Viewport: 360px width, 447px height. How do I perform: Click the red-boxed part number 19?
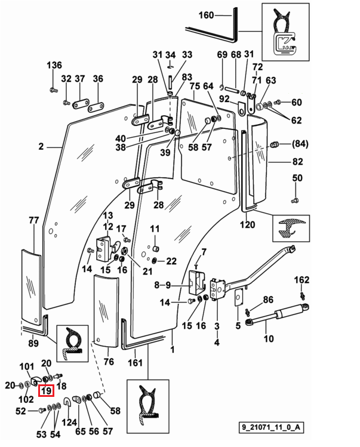(46, 390)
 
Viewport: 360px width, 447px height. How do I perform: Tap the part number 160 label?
(206, 15)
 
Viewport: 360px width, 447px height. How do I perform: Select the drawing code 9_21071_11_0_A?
(270, 427)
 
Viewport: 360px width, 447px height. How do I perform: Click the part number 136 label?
(54, 65)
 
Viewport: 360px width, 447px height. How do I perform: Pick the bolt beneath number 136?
(53, 90)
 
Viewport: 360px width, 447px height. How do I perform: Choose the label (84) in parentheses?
(300, 144)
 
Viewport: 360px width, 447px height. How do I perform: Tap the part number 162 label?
(301, 280)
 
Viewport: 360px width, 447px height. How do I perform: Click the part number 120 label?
(247, 224)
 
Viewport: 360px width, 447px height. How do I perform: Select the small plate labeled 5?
(238, 298)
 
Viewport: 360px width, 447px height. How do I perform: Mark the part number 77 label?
(33, 220)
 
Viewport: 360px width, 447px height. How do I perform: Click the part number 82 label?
(297, 162)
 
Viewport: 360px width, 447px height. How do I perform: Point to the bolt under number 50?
(295, 201)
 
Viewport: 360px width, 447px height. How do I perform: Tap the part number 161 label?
(135, 362)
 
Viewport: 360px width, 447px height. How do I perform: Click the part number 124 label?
(69, 422)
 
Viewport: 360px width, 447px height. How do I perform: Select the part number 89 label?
(33, 343)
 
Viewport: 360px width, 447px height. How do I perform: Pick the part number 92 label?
(224, 98)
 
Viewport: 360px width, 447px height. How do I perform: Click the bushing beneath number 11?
(155, 249)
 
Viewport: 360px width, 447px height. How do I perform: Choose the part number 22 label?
(171, 261)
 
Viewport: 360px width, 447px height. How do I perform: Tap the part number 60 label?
(297, 102)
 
